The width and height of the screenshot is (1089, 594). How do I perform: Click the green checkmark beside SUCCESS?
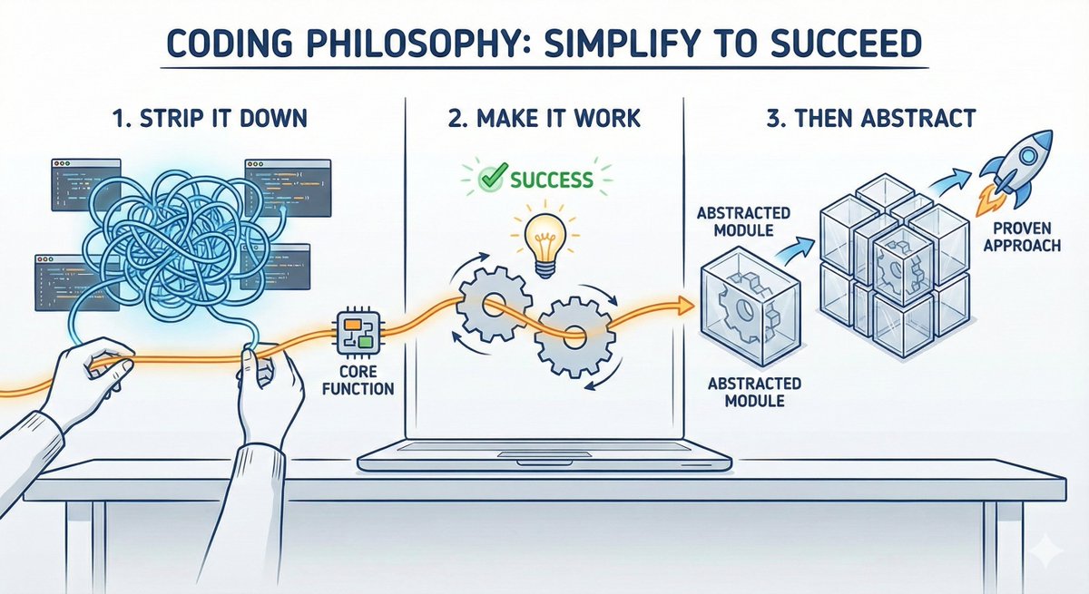pyautogui.click(x=492, y=179)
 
